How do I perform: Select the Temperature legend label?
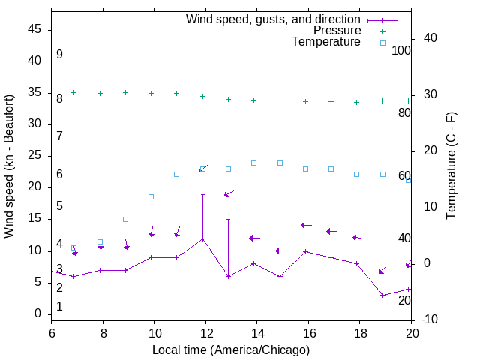pyautogui.click(x=326, y=42)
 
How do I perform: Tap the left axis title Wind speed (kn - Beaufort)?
pyautogui.click(x=9, y=166)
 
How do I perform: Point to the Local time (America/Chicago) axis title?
pyautogui.click(x=230, y=349)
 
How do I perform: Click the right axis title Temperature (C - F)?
pyautogui.click(x=451, y=166)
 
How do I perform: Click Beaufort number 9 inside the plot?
pyautogui.click(x=59, y=55)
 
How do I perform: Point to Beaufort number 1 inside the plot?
pyautogui.click(x=59, y=306)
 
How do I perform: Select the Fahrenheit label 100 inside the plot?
pyautogui.click(x=402, y=50)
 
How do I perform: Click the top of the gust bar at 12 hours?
pyautogui.click(x=202, y=194)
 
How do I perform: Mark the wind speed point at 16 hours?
pyautogui.click(x=305, y=251)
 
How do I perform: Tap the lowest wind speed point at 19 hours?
pyautogui.click(x=382, y=295)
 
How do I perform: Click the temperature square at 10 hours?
pyautogui.click(x=151, y=196)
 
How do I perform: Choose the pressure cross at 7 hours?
pyautogui.click(x=73, y=92)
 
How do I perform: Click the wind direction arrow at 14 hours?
pyautogui.click(x=254, y=238)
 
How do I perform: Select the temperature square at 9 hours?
pyautogui.click(x=125, y=219)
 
